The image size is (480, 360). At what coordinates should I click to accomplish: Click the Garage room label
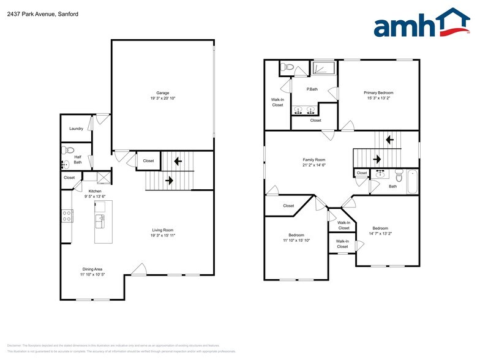(x=162, y=93)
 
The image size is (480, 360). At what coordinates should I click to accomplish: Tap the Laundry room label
(x=76, y=129)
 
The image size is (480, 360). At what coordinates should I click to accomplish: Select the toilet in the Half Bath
(x=69, y=149)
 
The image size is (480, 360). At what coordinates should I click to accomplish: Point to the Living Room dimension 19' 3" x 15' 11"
(x=163, y=236)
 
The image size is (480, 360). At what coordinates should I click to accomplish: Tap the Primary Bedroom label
(x=380, y=92)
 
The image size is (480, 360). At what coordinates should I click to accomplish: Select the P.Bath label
(x=312, y=89)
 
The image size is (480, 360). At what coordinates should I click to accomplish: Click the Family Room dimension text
(x=314, y=165)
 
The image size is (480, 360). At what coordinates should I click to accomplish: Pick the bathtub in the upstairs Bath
(x=414, y=182)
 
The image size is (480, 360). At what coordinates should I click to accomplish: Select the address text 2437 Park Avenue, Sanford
(x=35, y=13)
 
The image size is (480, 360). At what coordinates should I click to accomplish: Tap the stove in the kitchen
(x=67, y=216)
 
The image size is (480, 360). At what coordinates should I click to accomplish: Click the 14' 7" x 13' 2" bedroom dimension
(x=380, y=233)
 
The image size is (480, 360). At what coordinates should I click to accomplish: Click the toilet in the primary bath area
(x=289, y=67)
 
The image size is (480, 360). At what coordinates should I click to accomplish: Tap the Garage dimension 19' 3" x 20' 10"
(x=162, y=99)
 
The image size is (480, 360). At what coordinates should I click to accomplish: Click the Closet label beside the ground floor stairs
(x=148, y=161)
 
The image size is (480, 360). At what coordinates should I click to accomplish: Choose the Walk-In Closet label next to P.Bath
(x=277, y=102)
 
